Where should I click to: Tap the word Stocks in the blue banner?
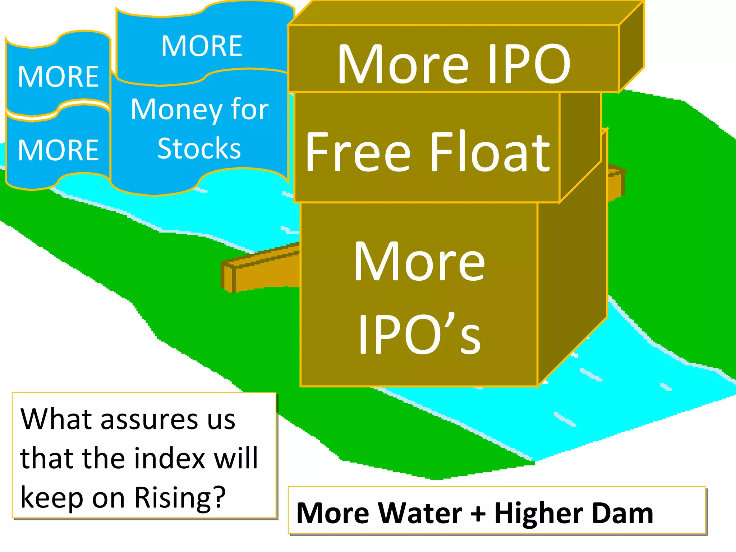(199, 148)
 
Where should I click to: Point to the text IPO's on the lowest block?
(419, 334)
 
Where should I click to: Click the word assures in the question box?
(149, 419)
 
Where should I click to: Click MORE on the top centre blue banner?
(202, 46)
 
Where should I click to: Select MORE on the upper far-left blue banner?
(58, 77)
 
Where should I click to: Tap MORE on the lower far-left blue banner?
(58, 150)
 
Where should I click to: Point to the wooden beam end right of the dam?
(616, 181)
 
